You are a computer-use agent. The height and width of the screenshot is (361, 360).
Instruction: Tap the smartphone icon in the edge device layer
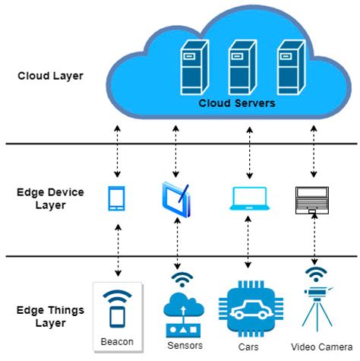coord(117,198)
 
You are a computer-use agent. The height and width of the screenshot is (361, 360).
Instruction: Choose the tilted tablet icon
coord(177,198)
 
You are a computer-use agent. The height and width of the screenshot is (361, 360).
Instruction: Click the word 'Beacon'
coord(117,342)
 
